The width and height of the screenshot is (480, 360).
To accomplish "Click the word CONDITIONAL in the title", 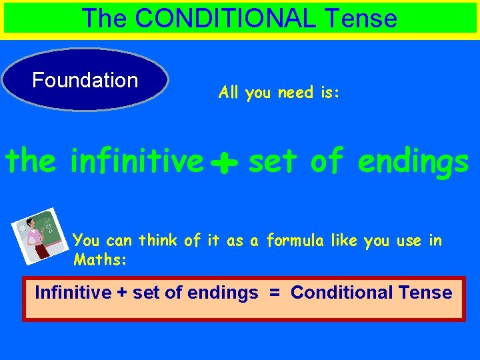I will coord(224,18).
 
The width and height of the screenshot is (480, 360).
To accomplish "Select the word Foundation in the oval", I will coord(85,81).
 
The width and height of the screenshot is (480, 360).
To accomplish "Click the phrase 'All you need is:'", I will coord(279,93).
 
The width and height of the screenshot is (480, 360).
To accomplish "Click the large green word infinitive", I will coord(136,161).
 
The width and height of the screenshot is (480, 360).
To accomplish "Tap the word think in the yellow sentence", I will coord(160,241).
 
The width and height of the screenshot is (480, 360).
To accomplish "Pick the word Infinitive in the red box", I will coord(73,292).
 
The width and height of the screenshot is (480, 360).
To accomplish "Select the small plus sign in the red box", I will coord(122,293).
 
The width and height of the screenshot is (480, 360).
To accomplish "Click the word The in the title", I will coord(104,18).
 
